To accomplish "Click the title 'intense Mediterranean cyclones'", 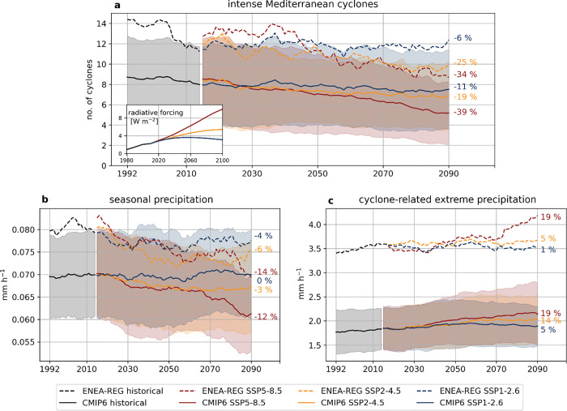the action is tap(303, 4).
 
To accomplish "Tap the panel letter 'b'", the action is tap(45, 199).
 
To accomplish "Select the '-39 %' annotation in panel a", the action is tap(466, 112).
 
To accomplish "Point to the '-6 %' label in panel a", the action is tap(463, 38).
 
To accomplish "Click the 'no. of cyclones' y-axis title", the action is tap(89, 90).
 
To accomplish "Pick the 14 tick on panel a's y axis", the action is tap(101, 24).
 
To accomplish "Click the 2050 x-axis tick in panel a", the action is tap(318, 173).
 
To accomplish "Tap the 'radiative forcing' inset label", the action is tap(156, 113).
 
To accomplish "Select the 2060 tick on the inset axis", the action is tap(190, 161).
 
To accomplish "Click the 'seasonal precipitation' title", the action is tap(161, 199).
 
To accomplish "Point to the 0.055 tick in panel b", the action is tap(23, 342).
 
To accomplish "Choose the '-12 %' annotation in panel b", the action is tap(266, 317).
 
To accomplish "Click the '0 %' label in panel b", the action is tap(264, 280).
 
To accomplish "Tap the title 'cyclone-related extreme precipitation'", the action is tap(447, 199).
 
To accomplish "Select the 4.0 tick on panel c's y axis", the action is tap(315, 225).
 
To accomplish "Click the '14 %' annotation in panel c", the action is tap(551, 320).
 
